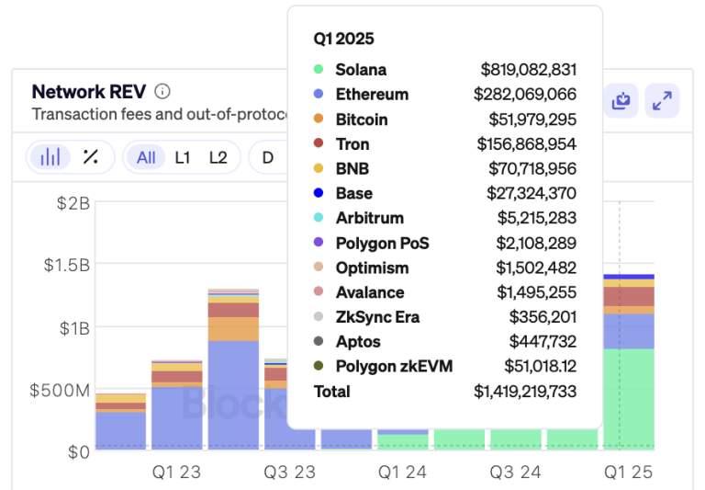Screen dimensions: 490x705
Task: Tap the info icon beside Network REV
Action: coord(162,92)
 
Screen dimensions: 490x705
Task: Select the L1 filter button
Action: coord(183,157)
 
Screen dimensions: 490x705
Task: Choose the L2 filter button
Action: coord(218,157)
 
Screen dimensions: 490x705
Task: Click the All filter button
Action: coord(146,157)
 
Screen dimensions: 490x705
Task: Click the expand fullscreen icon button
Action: coord(662,101)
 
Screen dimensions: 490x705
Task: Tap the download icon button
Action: coord(621,101)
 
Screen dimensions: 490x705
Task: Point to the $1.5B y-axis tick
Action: coord(67,266)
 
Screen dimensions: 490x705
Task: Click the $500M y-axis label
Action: coord(60,391)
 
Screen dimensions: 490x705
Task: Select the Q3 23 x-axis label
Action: coord(289,473)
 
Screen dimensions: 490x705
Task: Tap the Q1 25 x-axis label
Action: coord(628,473)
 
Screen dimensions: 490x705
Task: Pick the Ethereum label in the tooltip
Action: coord(372,95)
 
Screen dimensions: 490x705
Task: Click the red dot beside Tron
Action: coord(319,144)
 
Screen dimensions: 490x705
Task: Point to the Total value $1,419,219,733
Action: coord(525,392)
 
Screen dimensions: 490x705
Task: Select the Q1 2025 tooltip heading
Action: coord(343,40)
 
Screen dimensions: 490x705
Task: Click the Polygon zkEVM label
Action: coord(394,367)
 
